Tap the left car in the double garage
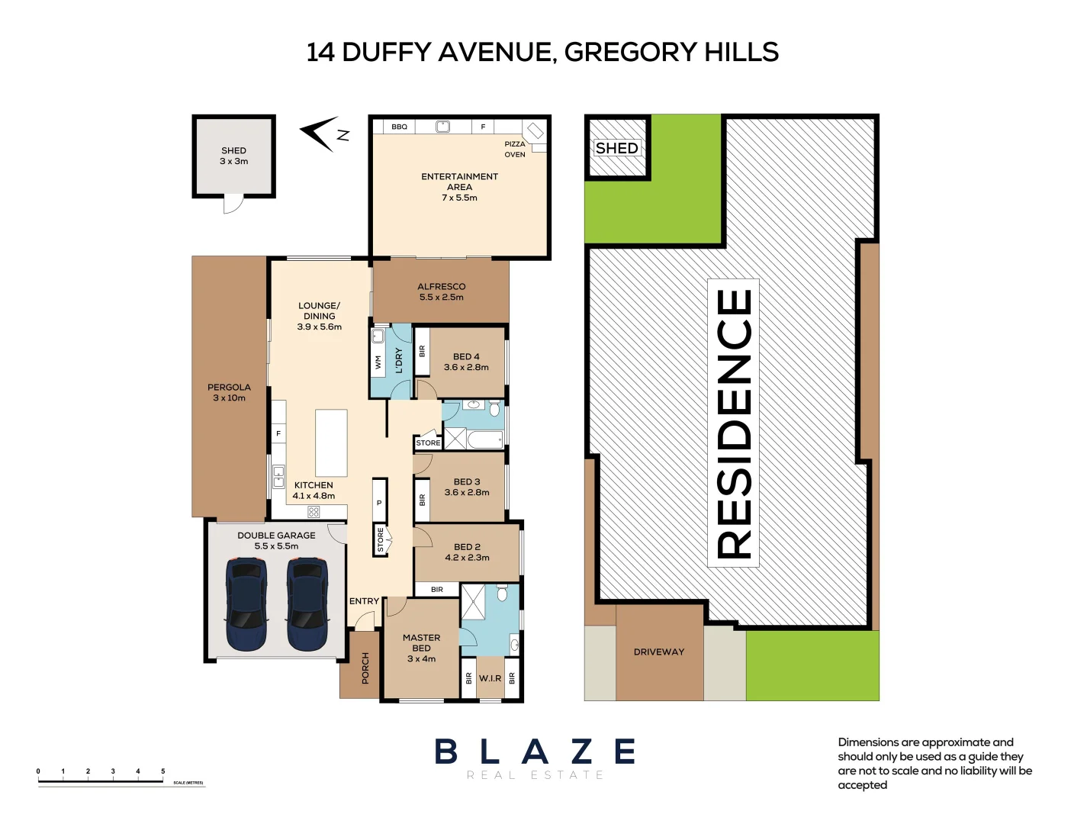coord(246,604)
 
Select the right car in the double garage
coord(307,604)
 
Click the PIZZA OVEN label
coord(515,149)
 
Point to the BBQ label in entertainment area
coord(399,127)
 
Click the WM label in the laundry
coord(378,362)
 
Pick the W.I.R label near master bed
coord(490,678)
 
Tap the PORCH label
coord(365,668)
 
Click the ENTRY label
coord(364,601)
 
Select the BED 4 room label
coord(466,356)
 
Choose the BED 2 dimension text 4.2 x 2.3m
coord(467,558)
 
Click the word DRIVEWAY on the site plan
coord(659,652)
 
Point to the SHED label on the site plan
coord(616,148)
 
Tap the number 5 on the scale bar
coord(162,771)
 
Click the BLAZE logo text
coord(535,752)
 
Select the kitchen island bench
coord(331,443)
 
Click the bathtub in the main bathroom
coord(485,439)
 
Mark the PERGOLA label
coord(229,387)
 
